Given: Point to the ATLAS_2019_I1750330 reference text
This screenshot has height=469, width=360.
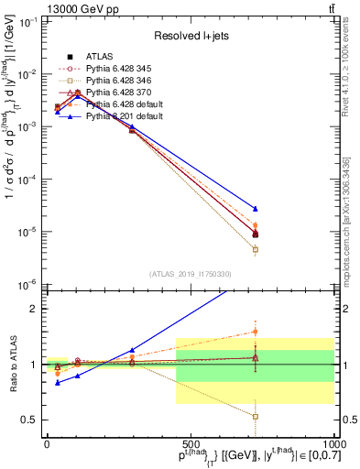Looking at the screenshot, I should pos(190,273).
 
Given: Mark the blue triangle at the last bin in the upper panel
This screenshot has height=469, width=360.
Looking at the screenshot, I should pos(256,209).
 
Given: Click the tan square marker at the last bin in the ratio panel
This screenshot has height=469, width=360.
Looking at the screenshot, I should pos(256,417).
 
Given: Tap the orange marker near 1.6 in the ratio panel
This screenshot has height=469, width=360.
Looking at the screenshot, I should pos(256,332).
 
